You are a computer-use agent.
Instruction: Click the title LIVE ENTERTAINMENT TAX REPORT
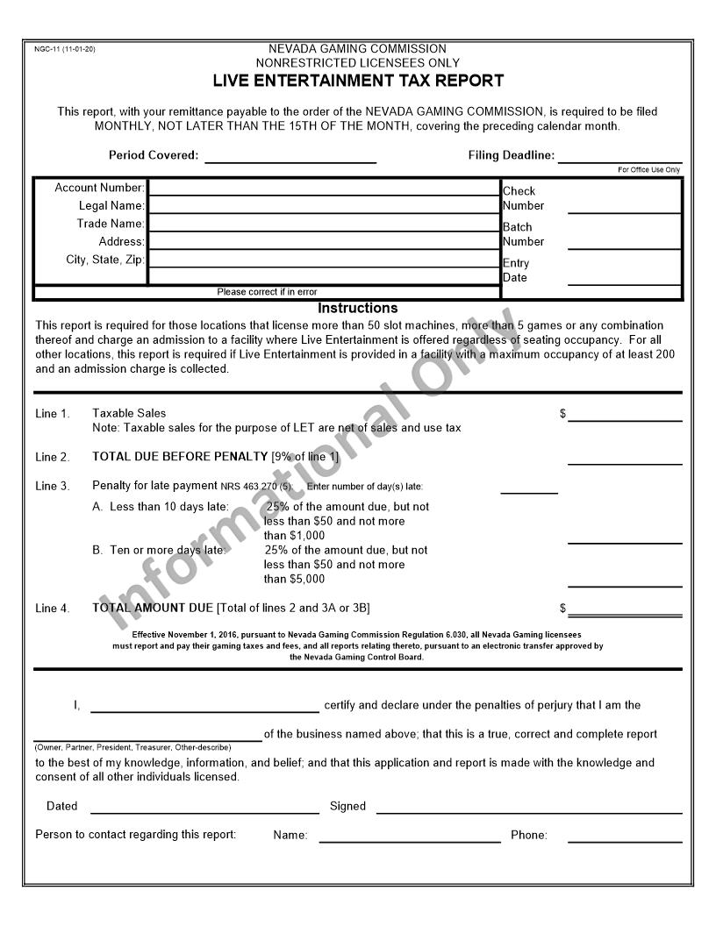[358, 81]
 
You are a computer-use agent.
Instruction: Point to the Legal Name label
[111, 206]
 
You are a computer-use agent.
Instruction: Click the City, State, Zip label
[105, 260]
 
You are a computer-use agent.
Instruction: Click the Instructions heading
[357, 309]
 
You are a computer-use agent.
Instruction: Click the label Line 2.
[53, 457]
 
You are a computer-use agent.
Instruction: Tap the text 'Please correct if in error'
[267, 292]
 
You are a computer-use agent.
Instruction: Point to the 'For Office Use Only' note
[648, 170]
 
